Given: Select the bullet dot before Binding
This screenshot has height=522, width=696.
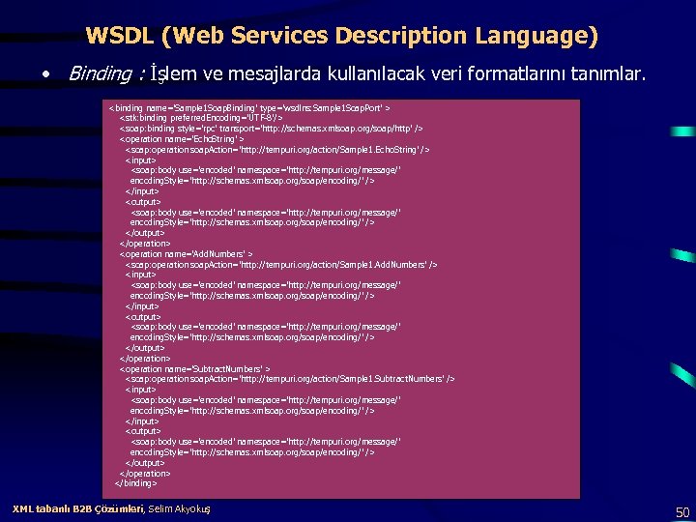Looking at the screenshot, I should pos(45,74).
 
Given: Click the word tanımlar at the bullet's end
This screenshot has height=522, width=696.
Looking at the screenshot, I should pos(610,74).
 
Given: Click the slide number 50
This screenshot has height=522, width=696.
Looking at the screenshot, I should pos(682,512).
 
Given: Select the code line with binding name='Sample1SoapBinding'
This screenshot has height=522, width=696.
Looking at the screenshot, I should pos(249,107).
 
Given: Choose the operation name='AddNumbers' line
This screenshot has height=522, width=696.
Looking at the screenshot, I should pos(186,254).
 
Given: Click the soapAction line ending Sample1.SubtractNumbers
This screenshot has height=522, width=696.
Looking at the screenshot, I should pos(289,379).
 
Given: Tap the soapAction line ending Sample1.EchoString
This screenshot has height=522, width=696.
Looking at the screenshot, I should pos(276,149).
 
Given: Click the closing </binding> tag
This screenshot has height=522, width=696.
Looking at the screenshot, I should pos(135,483).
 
